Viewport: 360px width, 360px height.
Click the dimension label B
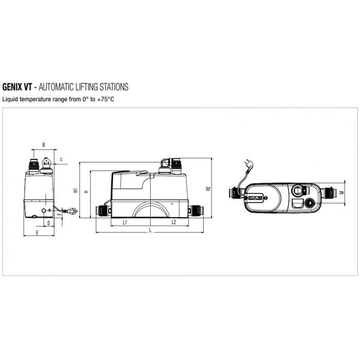click(44, 145)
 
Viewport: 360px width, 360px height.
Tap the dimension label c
click(61, 159)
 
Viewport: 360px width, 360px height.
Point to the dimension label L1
click(125, 222)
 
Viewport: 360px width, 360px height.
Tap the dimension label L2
click(173, 222)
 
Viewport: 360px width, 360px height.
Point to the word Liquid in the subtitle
click(10, 98)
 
